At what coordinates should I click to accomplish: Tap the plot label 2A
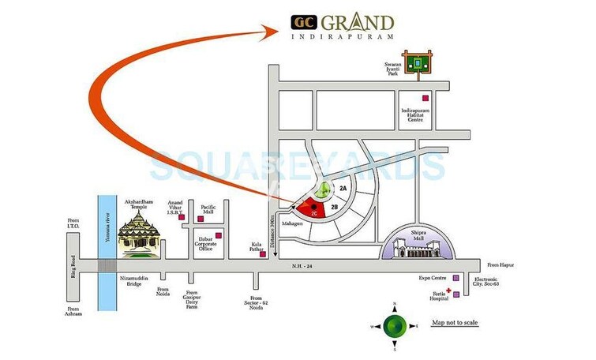point(343,189)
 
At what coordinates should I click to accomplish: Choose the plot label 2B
point(335,207)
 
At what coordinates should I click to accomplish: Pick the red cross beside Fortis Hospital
point(448,291)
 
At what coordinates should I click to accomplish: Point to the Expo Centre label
point(433,279)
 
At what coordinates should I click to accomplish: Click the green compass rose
point(395,324)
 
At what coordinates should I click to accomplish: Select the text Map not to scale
point(454,323)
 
